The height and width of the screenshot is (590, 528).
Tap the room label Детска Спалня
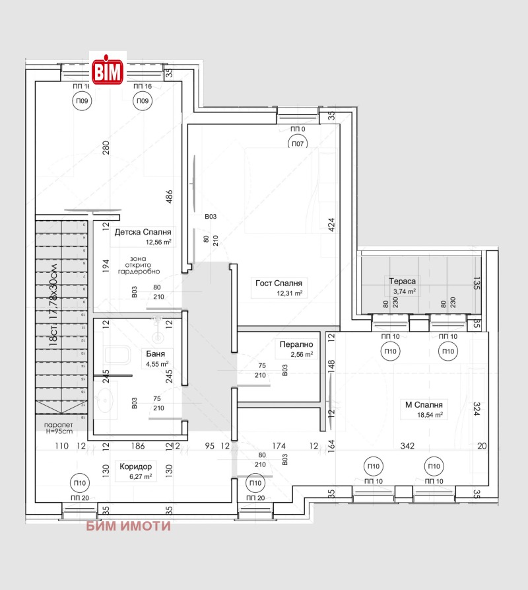coord(143,233)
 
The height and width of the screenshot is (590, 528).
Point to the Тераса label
coord(402,281)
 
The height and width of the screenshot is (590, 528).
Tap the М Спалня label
coord(424,405)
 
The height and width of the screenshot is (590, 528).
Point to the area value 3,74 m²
coord(403,291)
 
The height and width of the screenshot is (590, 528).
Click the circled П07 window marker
coord(298,143)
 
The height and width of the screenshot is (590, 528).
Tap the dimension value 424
coord(332,226)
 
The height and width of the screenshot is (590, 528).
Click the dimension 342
coord(407,447)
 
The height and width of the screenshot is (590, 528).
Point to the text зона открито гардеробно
coord(139,266)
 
